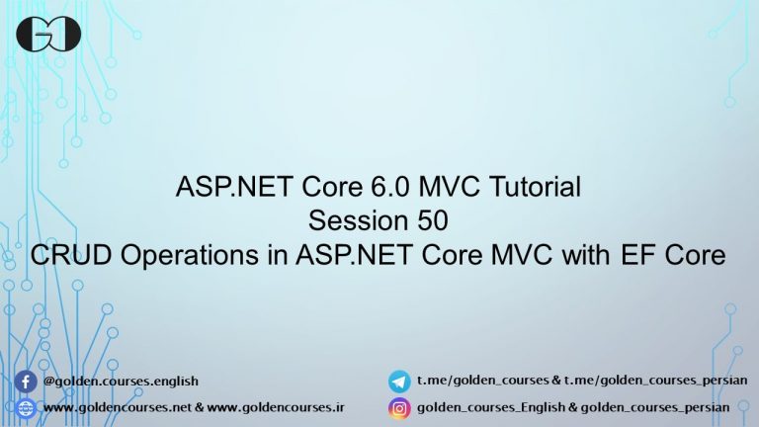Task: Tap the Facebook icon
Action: [x=27, y=381]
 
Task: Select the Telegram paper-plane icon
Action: [x=399, y=381]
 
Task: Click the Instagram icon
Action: [x=399, y=407]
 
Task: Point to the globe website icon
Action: [x=27, y=407]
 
